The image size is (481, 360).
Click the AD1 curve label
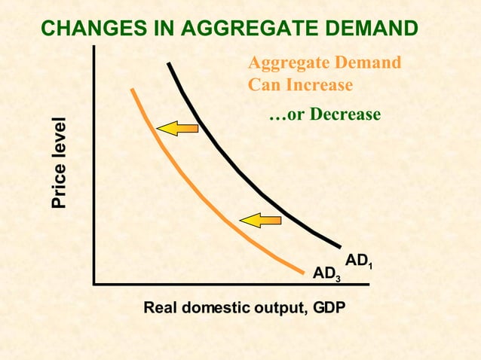(x=359, y=261)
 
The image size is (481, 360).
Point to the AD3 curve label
(x=326, y=273)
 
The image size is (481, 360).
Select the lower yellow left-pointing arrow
(x=259, y=220)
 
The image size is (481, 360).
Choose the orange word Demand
(x=371, y=62)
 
